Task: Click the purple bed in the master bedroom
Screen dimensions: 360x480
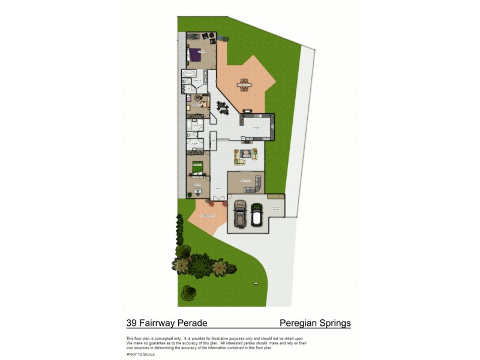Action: pyautogui.click(x=194, y=56)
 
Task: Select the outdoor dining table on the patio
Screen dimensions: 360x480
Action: pyautogui.click(x=244, y=84)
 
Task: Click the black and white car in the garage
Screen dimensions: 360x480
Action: pyautogui.click(x=257, y=214)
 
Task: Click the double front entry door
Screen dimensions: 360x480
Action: pyautogui.click(x=219, y=198)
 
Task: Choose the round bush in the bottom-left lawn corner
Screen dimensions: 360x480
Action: pyautogui.click(x=188, y=293)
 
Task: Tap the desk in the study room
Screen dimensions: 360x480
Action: pyautogui.click(x=197, y=191)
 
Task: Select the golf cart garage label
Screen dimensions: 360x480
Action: pyautogui.click(x=275, y=207)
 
